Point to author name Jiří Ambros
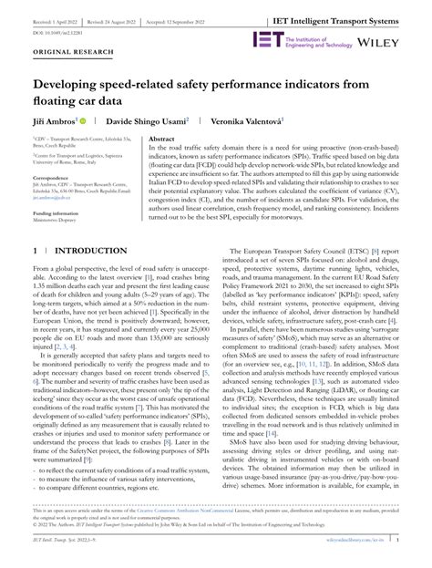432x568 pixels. [x=51, y=120]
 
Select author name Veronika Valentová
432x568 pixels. [x=244, y=120]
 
